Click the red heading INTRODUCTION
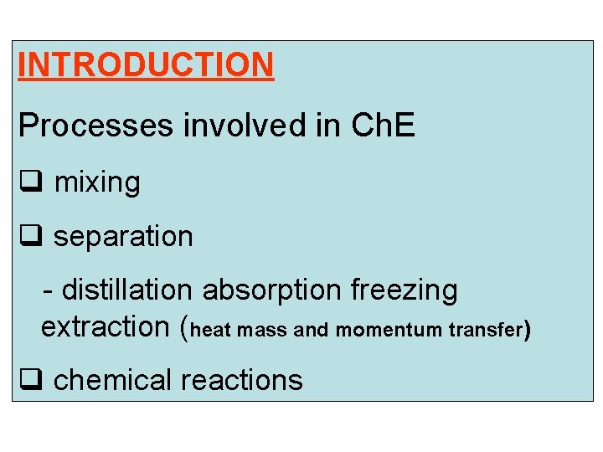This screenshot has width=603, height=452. point(146,64)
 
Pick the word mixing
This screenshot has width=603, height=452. point(97,182)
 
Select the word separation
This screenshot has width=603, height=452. point(123,237)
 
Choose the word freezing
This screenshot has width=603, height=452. point(404,290)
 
